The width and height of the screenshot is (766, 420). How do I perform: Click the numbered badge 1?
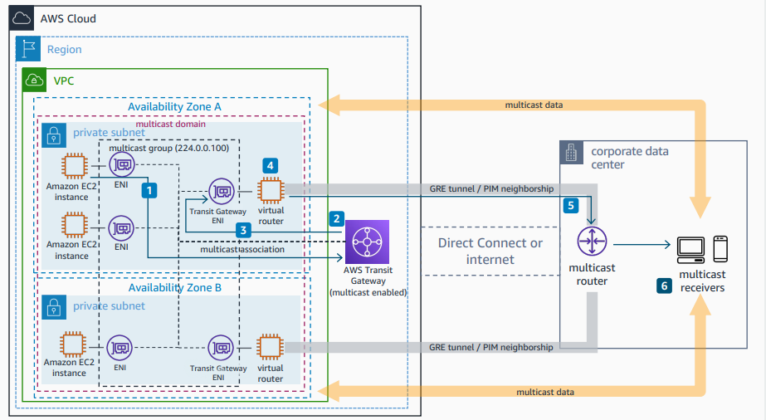[x=149, y=190]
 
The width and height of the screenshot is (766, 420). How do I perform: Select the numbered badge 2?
[x=336, y=218]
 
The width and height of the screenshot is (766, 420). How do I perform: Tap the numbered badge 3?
[x=242, y=230]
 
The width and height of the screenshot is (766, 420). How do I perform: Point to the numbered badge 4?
[x=270, y=165]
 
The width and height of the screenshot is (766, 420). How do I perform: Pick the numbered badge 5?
[x=570, y=204]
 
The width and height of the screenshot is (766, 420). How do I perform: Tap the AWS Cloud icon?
[x=24, y=18]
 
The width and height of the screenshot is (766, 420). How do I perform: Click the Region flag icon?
[x=27, y=50]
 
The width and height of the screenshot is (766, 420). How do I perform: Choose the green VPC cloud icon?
[x=35, y=81]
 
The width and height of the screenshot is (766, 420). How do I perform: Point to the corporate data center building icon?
[x=572, y=153]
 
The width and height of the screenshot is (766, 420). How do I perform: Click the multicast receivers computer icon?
[x=690, y=248]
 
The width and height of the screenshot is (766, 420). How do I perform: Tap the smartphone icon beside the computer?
[x=720, y=248]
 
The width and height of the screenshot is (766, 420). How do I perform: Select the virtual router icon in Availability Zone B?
[x=270, y=347]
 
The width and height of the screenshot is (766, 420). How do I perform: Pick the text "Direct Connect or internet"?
[x=490, y=251]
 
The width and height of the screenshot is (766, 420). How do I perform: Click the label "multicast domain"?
[x=170, y=123]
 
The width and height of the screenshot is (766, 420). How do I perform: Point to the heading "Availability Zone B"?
[x=174, y=287]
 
